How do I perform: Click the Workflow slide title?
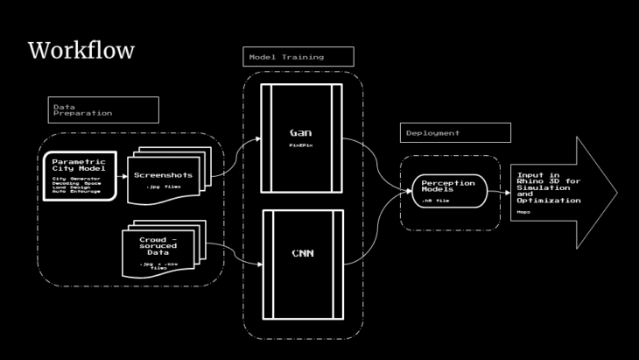tap(81, 51)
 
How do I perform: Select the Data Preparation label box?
tap(102, 109)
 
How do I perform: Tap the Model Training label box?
tap(298, 57)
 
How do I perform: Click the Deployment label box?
tap(454, 132)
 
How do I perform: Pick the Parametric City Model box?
tap(80, 174)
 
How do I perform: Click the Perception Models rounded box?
tap(447, 190)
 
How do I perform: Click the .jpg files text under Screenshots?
tap(163, 187)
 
